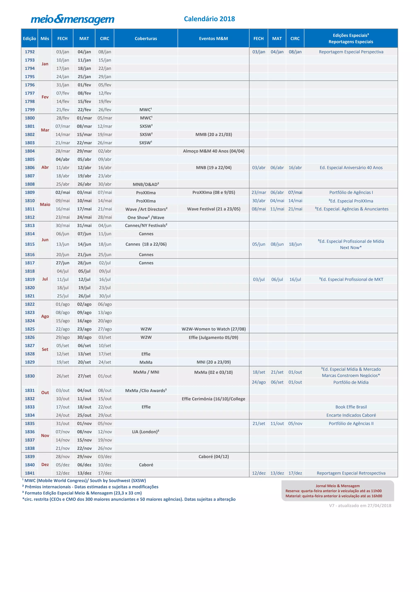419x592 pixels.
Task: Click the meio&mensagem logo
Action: click(72, 19)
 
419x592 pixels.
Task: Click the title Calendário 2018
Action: click(209, 19)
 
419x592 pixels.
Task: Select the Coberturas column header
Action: click(146, 38)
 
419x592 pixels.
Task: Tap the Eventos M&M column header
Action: click(213, 38)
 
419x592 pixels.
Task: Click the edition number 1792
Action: click(30, 52)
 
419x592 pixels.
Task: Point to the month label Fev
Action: click(45, 97)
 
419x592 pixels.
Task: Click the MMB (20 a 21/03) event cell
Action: click(214, 134)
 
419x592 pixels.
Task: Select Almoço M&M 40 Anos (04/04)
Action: click(214, 151)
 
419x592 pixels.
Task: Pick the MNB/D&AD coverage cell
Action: click(146, 184)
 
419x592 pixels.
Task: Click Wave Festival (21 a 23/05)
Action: click(214, 209)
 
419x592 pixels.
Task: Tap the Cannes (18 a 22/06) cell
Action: click(146, 244)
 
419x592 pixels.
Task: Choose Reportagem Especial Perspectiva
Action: click(351, 52)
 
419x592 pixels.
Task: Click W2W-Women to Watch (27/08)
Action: click(214, 329)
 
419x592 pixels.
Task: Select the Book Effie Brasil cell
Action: click(351, 407)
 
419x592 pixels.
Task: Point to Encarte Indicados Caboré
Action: click(351, 415)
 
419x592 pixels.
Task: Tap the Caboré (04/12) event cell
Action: click(214, 456)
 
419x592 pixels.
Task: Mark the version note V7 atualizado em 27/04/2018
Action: click(360, 505)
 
